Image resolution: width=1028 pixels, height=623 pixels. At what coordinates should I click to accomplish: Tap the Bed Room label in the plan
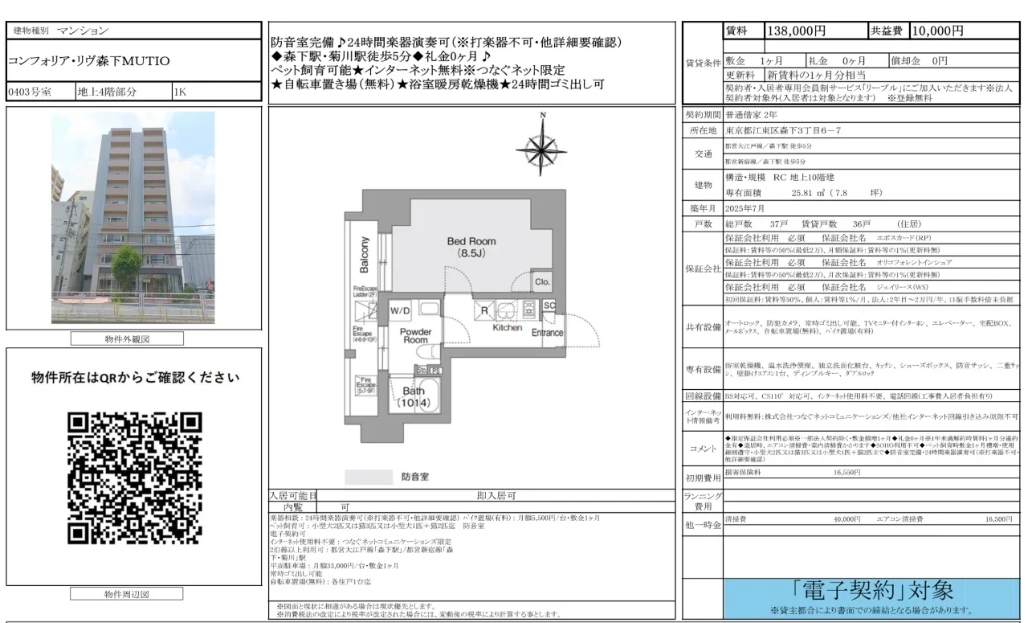[x=471, y=247]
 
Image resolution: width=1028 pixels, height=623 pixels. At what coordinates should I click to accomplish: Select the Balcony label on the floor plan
[x=365, y=255]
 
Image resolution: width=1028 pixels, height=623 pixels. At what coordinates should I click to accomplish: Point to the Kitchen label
[x=508, y=328]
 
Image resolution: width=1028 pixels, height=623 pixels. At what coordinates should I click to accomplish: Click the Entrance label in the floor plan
[x=548, y=333]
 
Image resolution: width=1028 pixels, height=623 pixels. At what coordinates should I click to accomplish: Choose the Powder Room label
[x=415, y=335]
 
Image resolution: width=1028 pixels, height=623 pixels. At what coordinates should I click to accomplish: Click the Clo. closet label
[x=542, y=282]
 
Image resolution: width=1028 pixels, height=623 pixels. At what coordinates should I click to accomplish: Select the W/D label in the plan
[x=400, y=310]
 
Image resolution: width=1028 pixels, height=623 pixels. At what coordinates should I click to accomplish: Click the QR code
[x=134, y=478]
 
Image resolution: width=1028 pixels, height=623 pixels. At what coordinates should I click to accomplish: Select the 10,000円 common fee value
[x=937, y=31]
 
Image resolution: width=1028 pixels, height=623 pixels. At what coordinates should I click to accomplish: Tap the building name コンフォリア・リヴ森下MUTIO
[x=89, y=61]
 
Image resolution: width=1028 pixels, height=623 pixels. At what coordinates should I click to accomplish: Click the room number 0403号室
[x=30, y=92]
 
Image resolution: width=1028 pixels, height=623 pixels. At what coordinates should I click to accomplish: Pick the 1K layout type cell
[x=181, y=92]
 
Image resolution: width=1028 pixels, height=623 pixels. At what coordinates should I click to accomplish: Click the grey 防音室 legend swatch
[x=369, y=477]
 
